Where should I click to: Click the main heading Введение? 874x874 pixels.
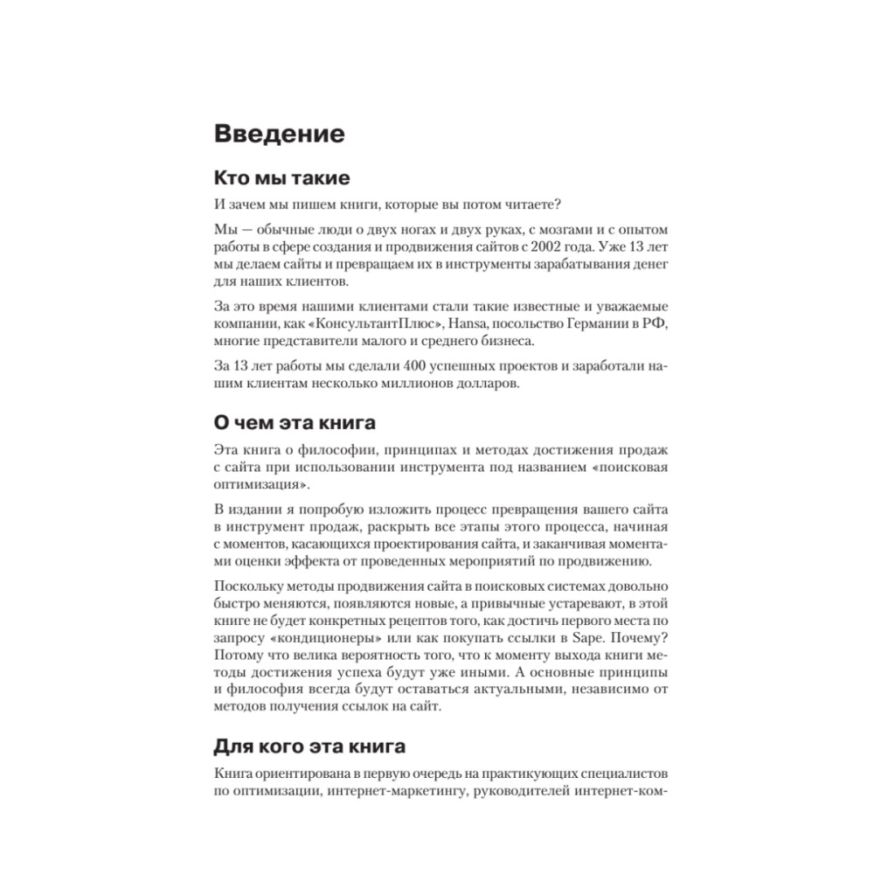coord(279,135)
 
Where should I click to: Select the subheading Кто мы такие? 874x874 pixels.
coord(281,179)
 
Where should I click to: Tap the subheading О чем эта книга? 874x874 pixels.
coord(295,423)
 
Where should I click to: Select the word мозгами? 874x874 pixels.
coord(533,228)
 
